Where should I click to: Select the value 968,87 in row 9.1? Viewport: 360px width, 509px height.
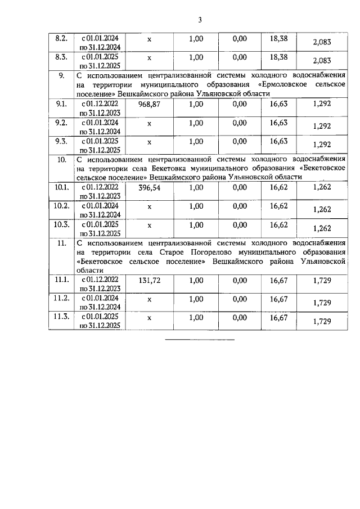coord(149,104)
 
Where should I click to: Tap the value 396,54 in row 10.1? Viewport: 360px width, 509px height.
coord(149,187)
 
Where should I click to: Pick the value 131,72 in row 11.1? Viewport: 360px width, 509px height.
coord(149,280)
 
